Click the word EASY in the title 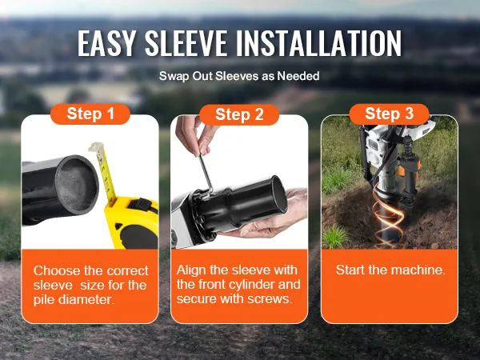pos(106,43)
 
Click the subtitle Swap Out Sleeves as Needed pos(239,76)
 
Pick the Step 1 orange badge pos(90,114)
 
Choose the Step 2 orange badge pos(239,114)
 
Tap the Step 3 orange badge pos(389,114)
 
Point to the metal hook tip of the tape pos(95,147)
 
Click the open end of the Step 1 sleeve pos(77,184)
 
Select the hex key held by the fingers pos(206,173)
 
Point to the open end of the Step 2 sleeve pos(278,196)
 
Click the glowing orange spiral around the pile pos(388,218)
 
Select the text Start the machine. pos(390,270)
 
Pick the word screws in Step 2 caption pos(270,298)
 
